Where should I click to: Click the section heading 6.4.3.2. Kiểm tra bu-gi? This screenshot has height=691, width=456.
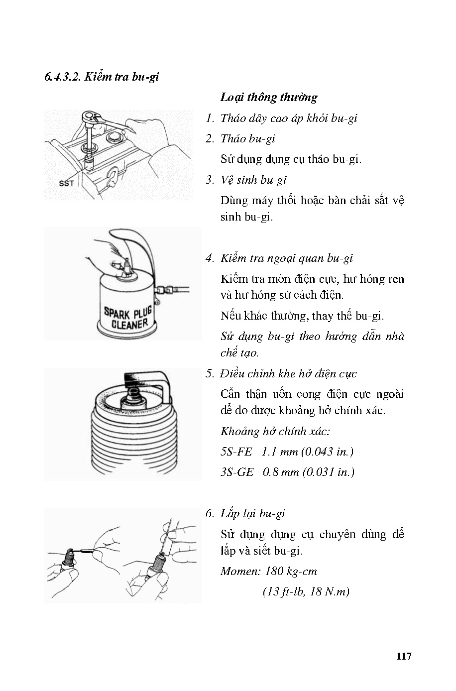point(102,77)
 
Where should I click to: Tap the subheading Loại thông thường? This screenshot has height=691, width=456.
point(268,97)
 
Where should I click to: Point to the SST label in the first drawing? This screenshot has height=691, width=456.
point(66,183)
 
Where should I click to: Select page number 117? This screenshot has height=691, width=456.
point(404,656)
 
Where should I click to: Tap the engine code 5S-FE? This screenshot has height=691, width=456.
point(236,452)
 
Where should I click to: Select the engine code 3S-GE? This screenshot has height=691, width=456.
point(237,472)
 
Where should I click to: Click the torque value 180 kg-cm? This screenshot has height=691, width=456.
point(291,571)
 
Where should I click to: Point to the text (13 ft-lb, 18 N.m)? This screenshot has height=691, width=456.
point(306,591)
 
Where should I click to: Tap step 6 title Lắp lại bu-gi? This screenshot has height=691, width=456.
point(252,513)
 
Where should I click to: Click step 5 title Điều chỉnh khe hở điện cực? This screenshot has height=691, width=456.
point(289,373)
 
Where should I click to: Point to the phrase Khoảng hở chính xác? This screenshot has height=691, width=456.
point(275,431)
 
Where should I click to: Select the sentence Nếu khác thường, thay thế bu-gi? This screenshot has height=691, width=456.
point(302,316)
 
